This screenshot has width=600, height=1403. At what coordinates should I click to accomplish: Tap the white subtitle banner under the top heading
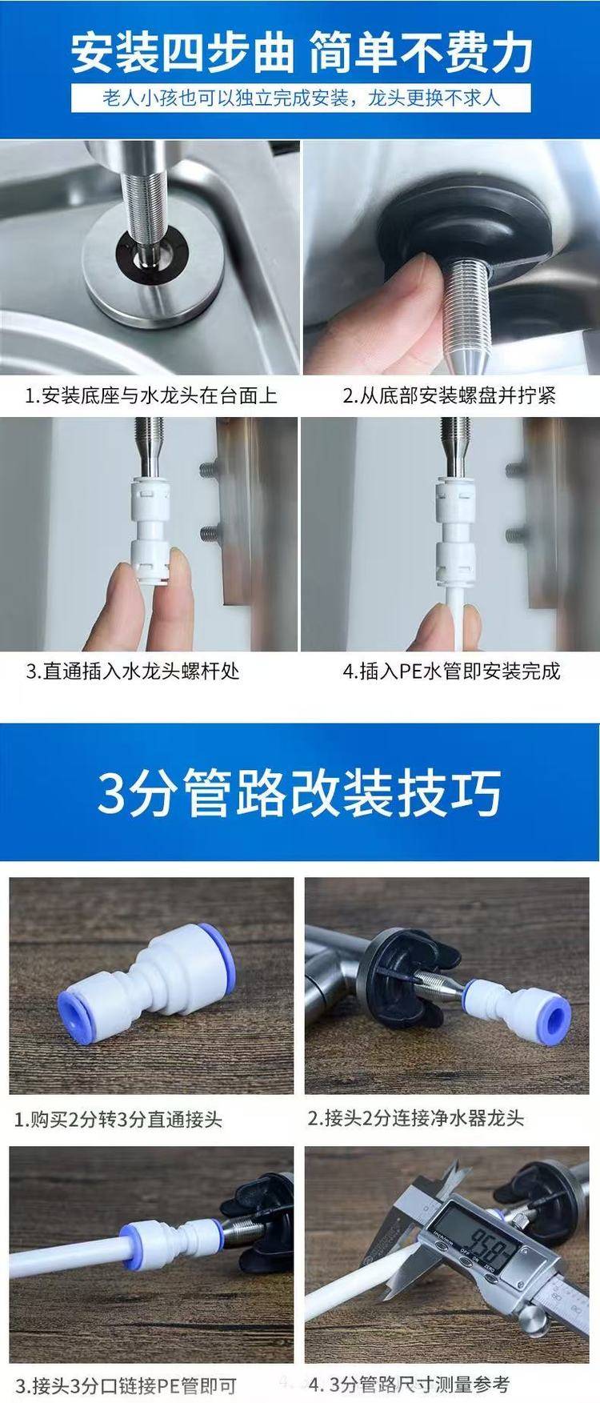[x=300, y=99]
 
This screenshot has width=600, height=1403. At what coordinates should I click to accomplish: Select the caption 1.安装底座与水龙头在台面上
[x=150, y=395]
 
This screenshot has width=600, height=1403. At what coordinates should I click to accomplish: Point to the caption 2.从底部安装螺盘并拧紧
[x=450, y=395]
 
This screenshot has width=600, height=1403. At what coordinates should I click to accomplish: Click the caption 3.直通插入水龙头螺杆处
[x=133, y=671]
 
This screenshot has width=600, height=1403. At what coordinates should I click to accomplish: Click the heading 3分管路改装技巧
[x=300, y=792]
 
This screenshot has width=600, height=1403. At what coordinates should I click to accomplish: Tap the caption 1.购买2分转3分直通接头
[x=118, y=1119]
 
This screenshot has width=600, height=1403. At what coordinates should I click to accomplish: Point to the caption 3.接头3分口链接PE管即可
[x=125, y=1385]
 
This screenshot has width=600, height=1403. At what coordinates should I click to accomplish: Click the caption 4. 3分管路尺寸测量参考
[x=409, y=1384]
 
